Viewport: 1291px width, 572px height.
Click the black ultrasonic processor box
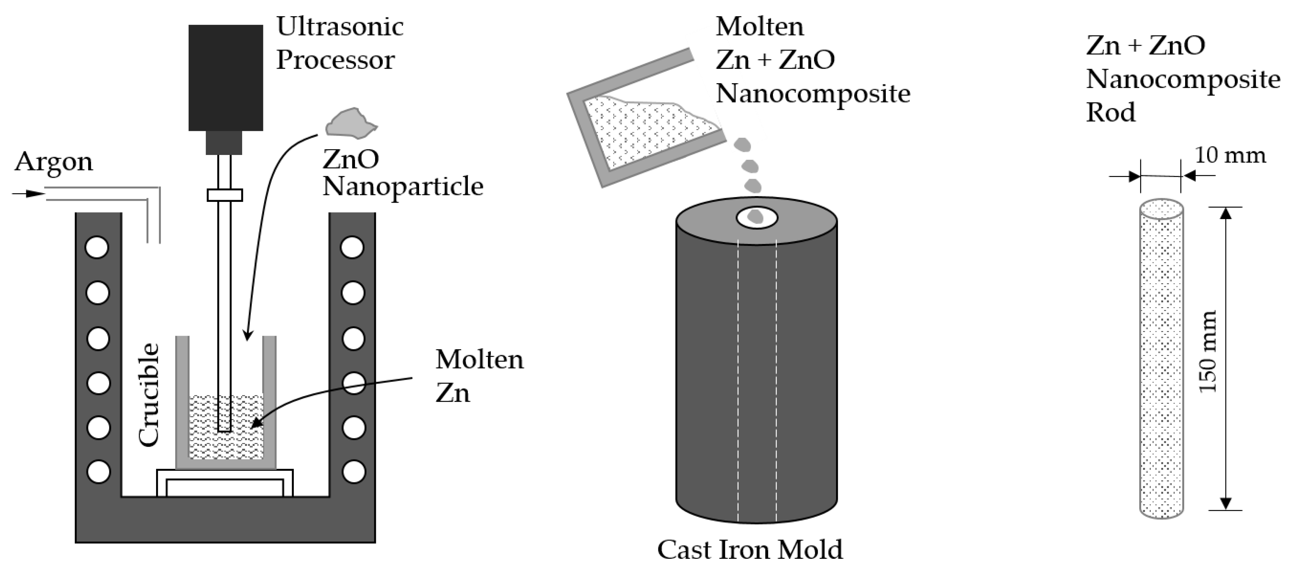coord(226,78)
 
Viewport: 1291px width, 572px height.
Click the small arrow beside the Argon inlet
coord(27,193)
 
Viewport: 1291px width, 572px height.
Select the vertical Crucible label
coord(149,395)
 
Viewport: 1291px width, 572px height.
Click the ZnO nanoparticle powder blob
coord(350,123)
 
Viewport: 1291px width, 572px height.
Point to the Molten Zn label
coord(478,376)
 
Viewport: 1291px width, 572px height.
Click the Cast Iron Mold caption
coord(750,550)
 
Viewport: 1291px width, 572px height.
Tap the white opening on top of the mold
coord(757,218)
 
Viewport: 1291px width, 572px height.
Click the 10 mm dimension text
coord(1230,155)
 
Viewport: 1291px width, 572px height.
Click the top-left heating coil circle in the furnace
coord(97,247)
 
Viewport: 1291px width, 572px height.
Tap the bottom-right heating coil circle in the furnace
coord(354,472)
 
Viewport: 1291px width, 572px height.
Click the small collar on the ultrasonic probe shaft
coord(225,195)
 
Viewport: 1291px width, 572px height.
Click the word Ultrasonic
coord(340,27)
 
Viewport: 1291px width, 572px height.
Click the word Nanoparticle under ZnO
coord(403,187)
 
